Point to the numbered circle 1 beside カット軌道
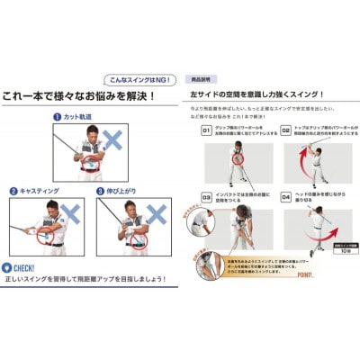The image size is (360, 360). click(57, 117)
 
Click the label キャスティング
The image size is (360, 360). click(38, 191)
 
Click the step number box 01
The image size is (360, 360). click(206, 130)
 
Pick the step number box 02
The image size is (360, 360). click(285, 130)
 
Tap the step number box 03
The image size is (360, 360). click(206, 194)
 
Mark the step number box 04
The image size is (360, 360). click(285, 194)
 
